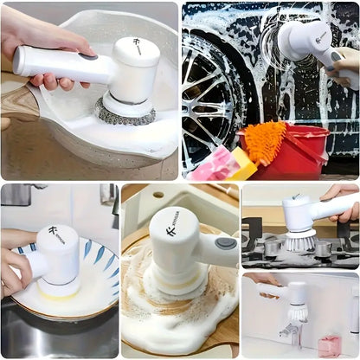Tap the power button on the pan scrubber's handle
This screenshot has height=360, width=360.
[88, 56]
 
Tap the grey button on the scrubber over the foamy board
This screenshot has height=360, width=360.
[227, 243]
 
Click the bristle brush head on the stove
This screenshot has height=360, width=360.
[297, 241]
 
